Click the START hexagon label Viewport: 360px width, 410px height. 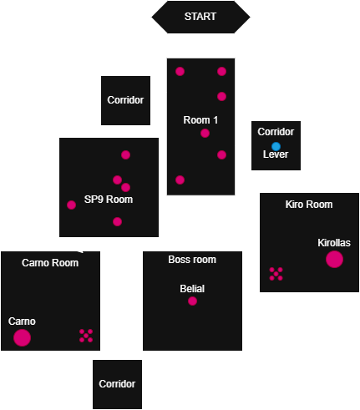click(200, 17)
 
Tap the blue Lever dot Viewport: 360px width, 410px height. click(276, 146)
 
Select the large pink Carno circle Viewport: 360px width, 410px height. click(22, 337)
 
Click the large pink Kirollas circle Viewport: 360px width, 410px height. click(334, 259)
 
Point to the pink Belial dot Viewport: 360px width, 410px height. click(192, 301)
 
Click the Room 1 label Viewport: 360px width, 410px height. click(200, 120)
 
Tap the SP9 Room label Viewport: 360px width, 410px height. click(109, 200)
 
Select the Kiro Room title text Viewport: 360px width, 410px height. click(309, 205)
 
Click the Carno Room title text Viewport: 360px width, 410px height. click(50, 263)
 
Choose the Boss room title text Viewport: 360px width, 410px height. click(192, 260)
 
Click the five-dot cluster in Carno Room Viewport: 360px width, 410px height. click(86, 336)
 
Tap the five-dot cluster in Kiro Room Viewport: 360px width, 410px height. click(276, 274)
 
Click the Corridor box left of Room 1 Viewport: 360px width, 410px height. click(125, 100)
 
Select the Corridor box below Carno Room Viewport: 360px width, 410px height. click(117, 384)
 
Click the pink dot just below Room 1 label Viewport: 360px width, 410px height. click(205, 134)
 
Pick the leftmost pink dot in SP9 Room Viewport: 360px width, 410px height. click(71, 205)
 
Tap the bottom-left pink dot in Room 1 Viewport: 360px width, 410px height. click(180, 180)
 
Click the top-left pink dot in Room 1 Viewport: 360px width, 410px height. click(180, 71)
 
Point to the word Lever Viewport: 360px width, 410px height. click(276, 154)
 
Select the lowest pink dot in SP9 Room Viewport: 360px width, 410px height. click(117, 221)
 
